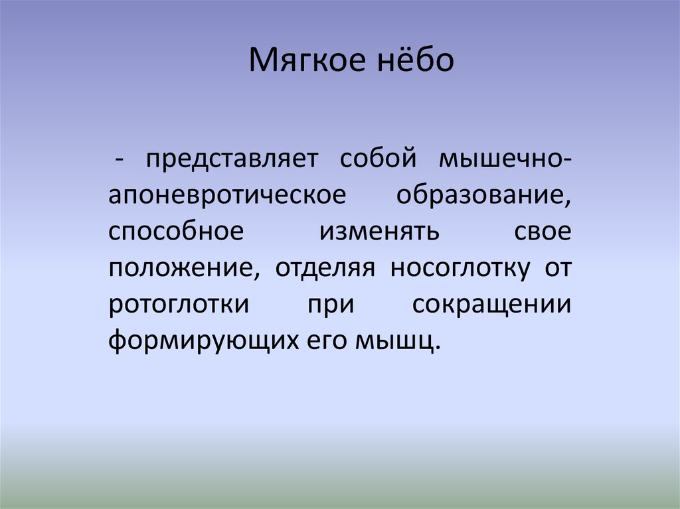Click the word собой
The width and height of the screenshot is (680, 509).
click(377, 159)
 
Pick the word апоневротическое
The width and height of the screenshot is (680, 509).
click(227, 197)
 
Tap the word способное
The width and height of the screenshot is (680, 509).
click(173, 234)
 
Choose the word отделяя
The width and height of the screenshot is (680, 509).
click(316, 270)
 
